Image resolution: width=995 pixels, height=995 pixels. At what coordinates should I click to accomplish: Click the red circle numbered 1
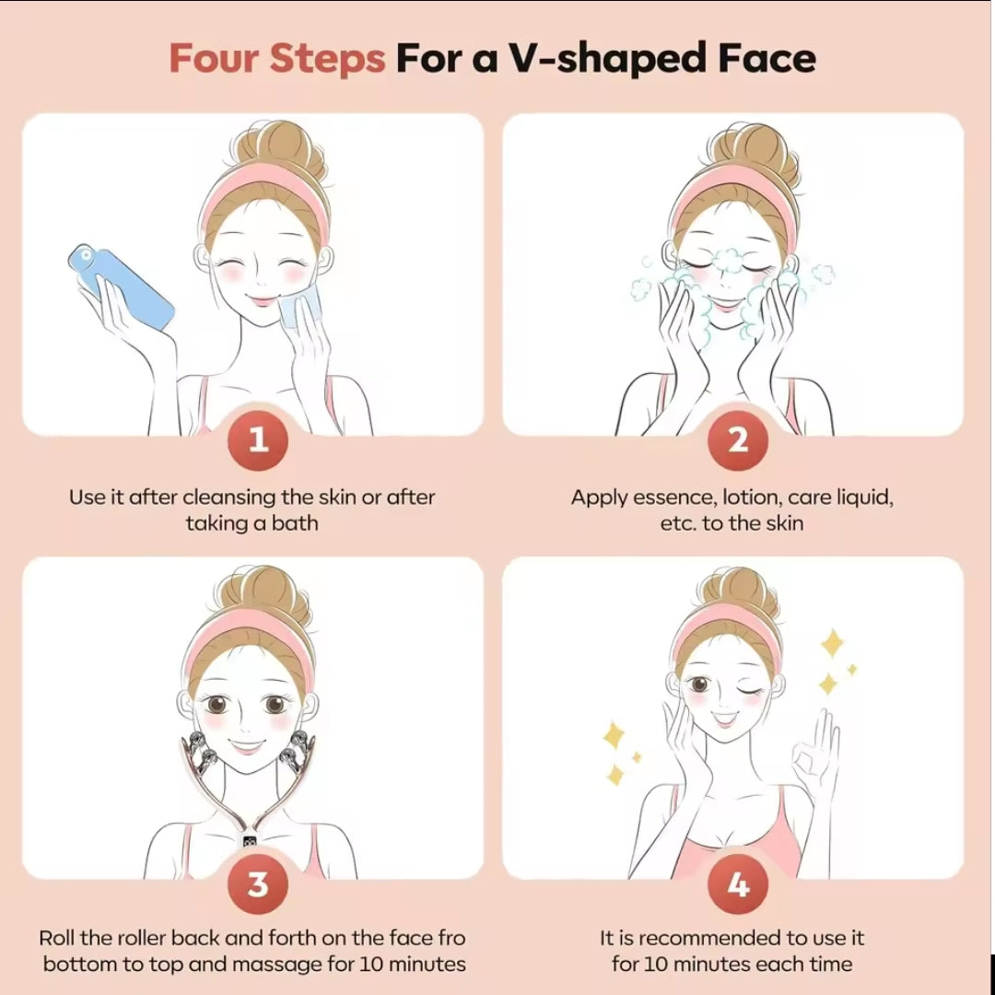point(258,440)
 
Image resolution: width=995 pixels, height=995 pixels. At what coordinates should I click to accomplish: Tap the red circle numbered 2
point(738,440)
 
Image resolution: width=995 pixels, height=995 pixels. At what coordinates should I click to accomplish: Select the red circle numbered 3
point(258,885)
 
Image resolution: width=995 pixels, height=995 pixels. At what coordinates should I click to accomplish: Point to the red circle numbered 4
point(738,885)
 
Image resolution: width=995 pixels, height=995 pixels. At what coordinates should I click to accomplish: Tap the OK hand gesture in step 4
point(816,760)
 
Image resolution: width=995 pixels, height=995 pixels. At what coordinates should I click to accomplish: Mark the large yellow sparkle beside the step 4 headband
point(832,644)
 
